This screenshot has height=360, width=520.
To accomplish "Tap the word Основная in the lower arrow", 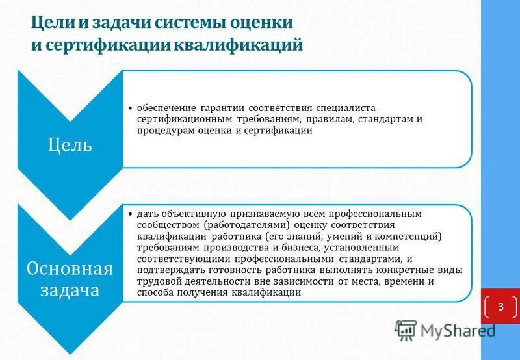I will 70,268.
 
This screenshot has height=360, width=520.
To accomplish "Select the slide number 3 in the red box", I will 500,306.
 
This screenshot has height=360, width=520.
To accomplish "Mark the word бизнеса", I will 300,248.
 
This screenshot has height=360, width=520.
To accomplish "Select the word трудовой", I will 158,282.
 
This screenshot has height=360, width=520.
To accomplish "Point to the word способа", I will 157,293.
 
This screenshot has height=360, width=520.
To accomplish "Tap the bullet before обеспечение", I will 130,107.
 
